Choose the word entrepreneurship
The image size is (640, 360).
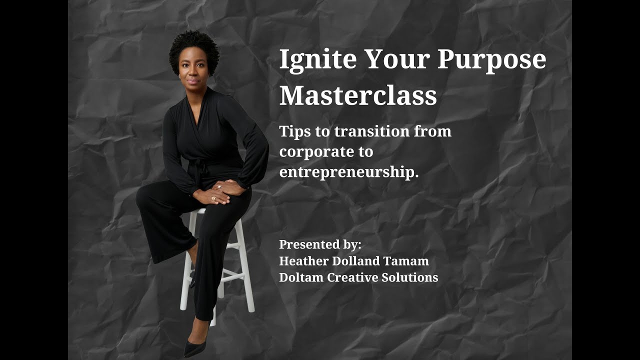348,172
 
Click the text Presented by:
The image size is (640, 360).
320,244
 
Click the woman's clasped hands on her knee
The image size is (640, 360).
220,192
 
